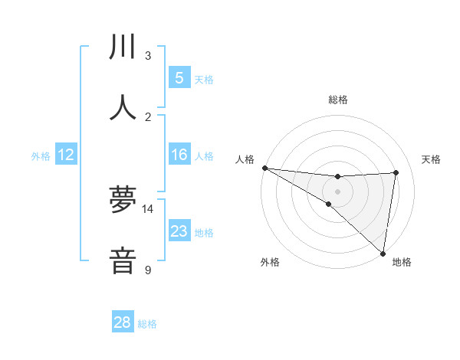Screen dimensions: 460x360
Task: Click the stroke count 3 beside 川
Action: tap(148, 56)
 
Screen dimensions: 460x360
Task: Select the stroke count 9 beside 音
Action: tap(148, 270)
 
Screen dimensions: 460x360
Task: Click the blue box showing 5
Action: tap(179, 77)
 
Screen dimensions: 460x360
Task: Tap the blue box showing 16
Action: tap(179, 155)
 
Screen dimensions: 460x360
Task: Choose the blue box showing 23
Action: tap(179, 231)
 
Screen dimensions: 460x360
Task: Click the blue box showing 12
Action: tap(66, 155)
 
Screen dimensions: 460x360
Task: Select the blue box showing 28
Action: tap(123, 322)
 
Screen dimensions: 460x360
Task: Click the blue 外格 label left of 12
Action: tap(41, 155)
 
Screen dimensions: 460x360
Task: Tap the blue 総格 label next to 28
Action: tap(147, 324)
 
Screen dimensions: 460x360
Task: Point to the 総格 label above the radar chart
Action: tap(338, 100)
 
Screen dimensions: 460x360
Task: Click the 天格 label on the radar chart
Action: tap(432, 159)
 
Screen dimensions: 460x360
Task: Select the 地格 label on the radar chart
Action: tap(402, 262)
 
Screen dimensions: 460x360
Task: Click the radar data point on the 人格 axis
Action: tap(264, 167)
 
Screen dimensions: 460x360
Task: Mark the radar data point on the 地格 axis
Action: tap(383, 253)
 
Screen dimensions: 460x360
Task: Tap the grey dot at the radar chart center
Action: tap(337, 191)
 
